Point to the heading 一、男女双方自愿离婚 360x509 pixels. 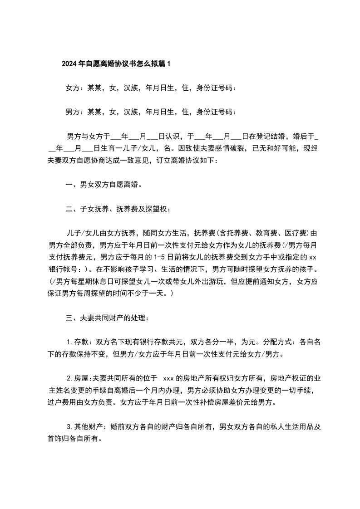click(x=104, y=185)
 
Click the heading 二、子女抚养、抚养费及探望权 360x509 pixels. click(x=119, y=209)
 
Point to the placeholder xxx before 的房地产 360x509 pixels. click(x=168, y=378)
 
